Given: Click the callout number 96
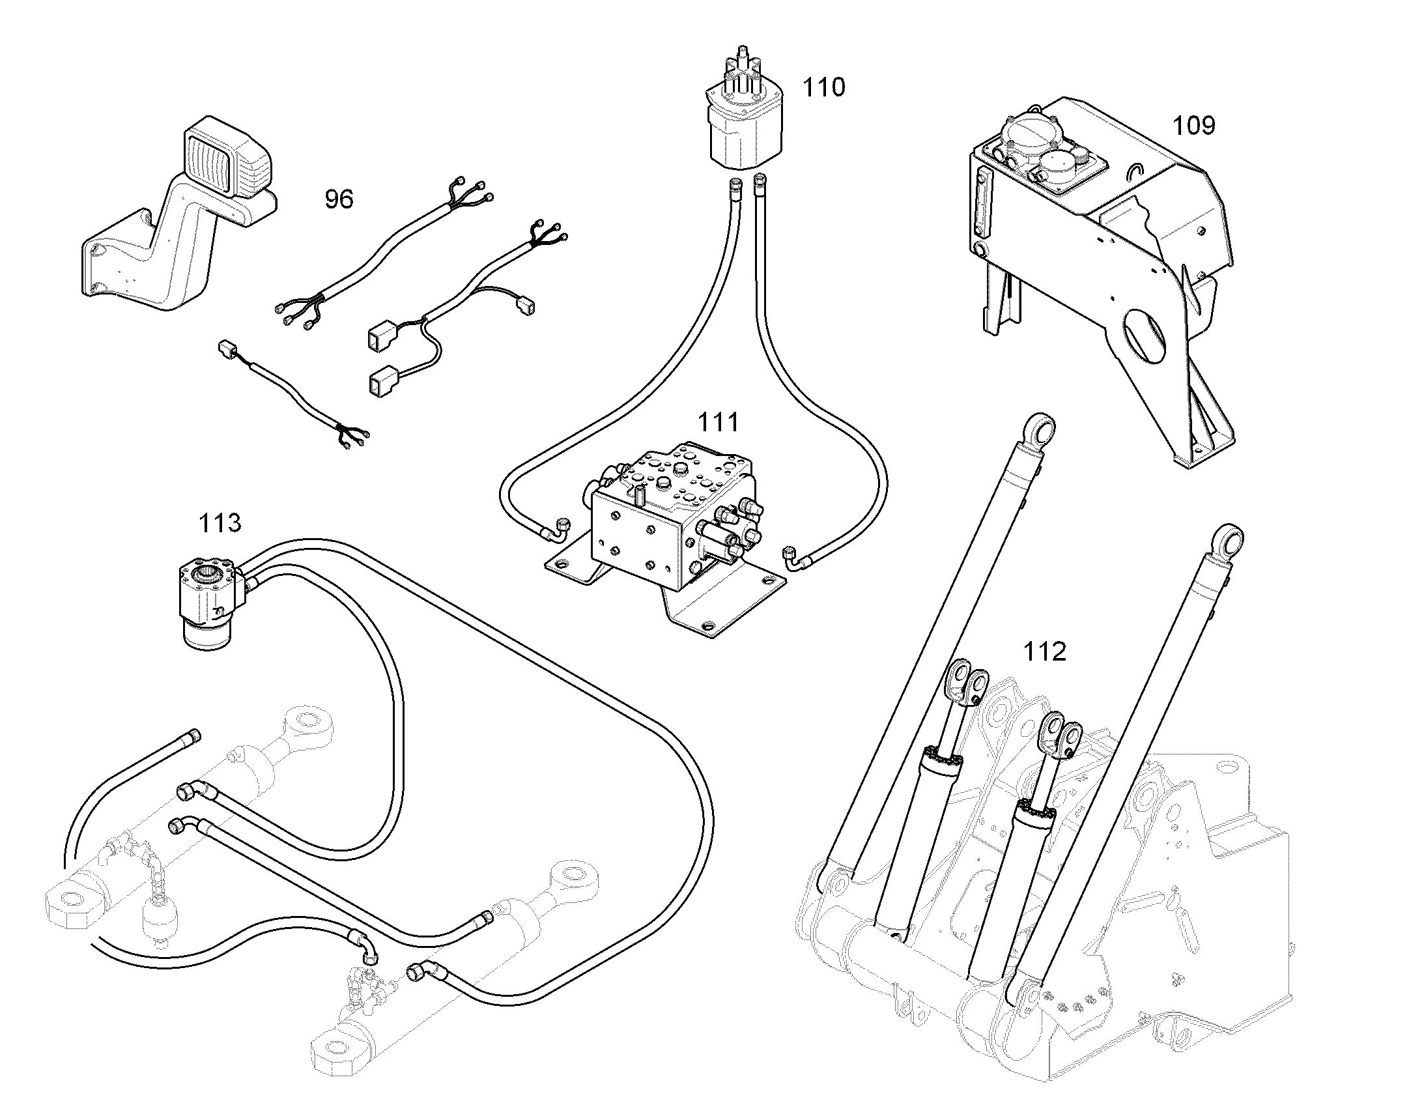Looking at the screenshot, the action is tap(339, 199).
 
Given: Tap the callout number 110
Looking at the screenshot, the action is tap(823, 87).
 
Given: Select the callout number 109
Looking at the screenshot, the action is tap(1193, 125).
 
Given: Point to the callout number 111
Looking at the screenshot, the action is tap(719, 422).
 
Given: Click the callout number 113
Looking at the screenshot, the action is tap(220, 522).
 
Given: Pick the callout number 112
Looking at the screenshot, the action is tap(1044, 651).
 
